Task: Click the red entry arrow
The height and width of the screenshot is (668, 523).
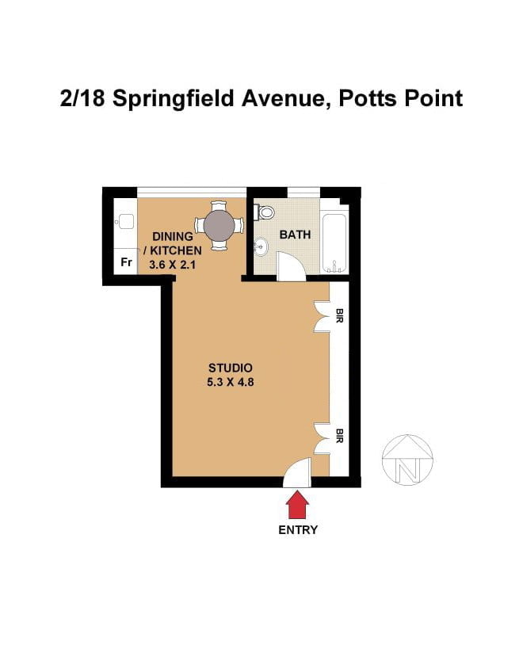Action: click(x=297, y=505)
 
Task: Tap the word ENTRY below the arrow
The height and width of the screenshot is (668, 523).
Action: click(x=298, y=530)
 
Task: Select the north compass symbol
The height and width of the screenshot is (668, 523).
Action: click(x=407, y=460)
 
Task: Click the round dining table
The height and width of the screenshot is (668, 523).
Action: click(x=219, y=225)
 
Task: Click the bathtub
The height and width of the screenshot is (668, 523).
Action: click(x=334, y=243)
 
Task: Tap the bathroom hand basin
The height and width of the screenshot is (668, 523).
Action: click(x=261, y=246)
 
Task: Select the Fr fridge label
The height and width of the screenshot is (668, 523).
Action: click(x=126, y=262)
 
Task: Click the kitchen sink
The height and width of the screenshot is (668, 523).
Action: click(x=126, y=222)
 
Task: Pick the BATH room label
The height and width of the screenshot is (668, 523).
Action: click(x=295, y=235)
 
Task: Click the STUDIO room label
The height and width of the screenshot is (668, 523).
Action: click(x=231, y=368)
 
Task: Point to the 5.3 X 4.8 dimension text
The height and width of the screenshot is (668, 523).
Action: click(x=231, y=382)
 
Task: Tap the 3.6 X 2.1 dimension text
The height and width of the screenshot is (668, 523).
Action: click(x=172, y=265)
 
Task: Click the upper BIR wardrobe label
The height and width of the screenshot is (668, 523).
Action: click(x=339, y=315)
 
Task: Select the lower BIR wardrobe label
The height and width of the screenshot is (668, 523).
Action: click(x=339, y=435)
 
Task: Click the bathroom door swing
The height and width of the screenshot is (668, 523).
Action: click(x=291, y=265)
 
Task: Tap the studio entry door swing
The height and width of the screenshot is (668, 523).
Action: click(x=297, y=472)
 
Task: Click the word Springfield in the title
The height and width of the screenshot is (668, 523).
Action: click(x=174, y=99)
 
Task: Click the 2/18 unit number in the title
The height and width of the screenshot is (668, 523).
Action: click(x=82, y=98)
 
